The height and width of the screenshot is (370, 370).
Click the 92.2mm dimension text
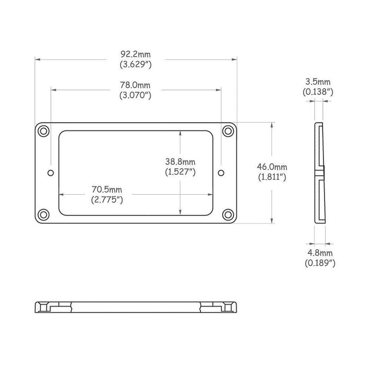(x=136, y=54)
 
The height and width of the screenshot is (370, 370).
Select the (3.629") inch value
(x=136, y=64)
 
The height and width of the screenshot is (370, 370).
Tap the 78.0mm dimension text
(x=135, y=85)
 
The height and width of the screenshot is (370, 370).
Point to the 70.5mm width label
(x=107, y=190)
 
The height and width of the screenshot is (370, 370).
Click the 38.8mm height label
(x=180, y=162)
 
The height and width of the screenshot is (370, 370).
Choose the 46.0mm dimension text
(x=272, y=167)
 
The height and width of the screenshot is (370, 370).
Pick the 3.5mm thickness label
(x=318, y=82)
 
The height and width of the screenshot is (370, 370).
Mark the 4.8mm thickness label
(x=320, y=253)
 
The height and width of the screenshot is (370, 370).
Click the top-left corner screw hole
(x=43, y=131)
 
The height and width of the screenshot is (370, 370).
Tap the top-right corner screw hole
(x=228, y=131)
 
